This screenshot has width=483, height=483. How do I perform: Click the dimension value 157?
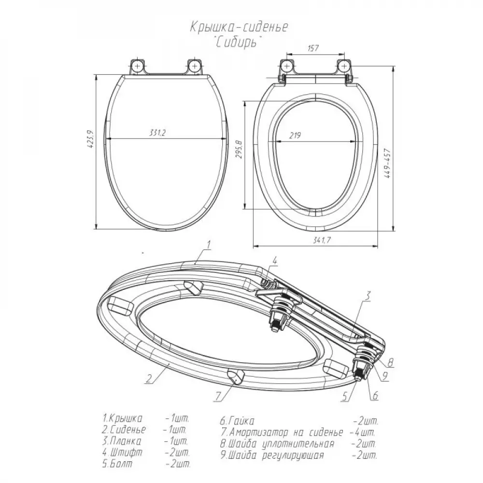pyautogui.click(x=313, y=48)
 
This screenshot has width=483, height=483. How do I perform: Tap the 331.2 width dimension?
pyautogui.click(x=157, y=132)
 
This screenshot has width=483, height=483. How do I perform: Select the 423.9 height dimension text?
pyautogui.click(x=90, y=140)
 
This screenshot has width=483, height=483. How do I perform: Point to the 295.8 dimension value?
pyautogui.click(x=240, y=149)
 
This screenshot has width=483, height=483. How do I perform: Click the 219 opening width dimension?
pyautogui.click(x=295, y=135)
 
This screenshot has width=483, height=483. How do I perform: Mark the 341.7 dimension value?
pyautogui.click(x=322, y=240)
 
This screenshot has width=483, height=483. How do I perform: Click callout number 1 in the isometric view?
pyautogui.click(x=209, y=245)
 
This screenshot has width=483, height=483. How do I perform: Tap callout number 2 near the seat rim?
pyautogui.click(x=149, y=378)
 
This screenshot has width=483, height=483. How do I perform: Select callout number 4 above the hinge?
pyautogui.click(x=275, y=261)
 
